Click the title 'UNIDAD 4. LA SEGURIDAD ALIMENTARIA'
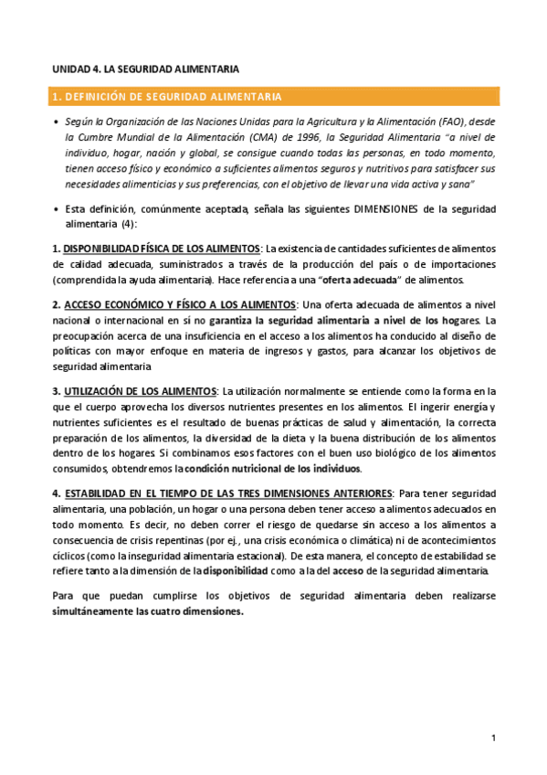click(x=145, y=68)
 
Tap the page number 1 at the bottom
click(x=493, y=738)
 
